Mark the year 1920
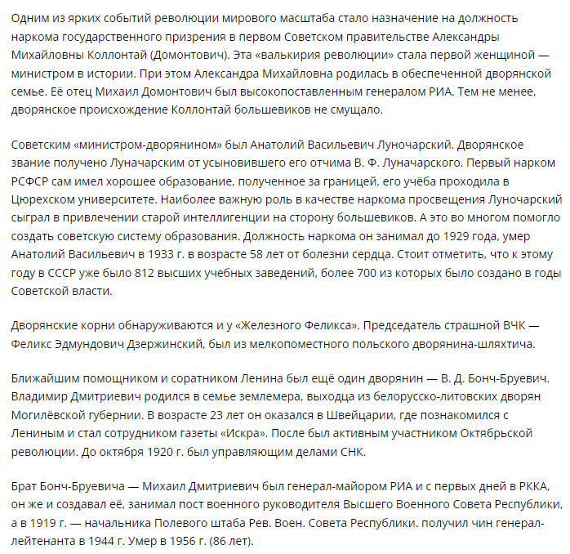146,451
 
